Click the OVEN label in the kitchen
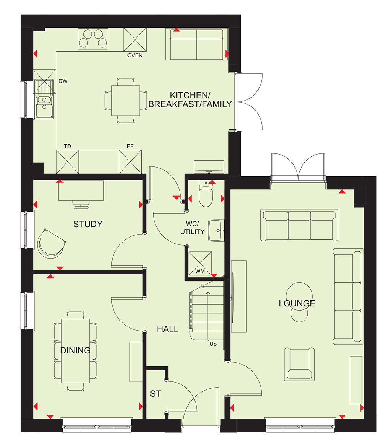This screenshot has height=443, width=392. coord(135,55)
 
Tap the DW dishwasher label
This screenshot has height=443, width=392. coord(63,81)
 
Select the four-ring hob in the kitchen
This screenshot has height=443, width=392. coord(93,39)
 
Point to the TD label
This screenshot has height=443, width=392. coord(67,146)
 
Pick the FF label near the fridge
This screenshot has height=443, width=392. coord(130,146)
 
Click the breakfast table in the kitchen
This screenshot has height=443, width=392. coord(126,101)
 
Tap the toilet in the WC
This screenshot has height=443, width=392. coord(206,194)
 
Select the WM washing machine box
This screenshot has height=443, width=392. coord(200,263)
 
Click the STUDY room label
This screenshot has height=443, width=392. coord(88,224)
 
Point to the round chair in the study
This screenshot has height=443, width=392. coord(51,244)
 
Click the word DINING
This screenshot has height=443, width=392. coord(75,351)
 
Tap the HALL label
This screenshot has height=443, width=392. coord(168,329)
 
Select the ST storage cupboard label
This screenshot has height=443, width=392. coord(155,394)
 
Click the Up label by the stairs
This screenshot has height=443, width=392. coord(213,344)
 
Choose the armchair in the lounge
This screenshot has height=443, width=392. coord(299,364)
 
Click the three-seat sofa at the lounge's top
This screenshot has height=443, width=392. coord(299,225)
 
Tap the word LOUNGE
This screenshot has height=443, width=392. coord(297,303)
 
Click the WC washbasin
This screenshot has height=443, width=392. coord(216,231)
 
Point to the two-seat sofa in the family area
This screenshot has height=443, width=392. coord(196,44)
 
